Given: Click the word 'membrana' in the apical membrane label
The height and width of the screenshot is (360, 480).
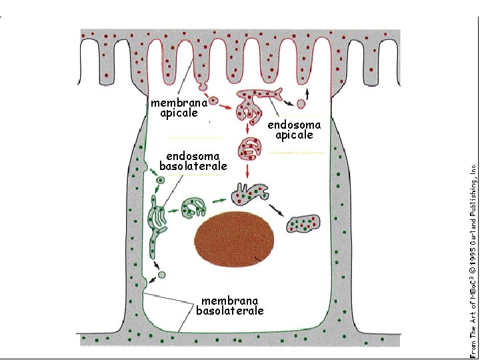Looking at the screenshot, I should [174, 103].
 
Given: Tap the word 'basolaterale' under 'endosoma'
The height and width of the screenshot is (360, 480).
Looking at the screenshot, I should [193, 166].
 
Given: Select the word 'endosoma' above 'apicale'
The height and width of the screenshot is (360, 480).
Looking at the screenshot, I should [294, 125].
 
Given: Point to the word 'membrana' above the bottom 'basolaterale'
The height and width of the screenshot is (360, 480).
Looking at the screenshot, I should [229, 301].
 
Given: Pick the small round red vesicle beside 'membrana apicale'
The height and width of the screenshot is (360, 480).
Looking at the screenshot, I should [214, 102].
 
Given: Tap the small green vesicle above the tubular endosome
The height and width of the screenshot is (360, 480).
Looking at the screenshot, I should [160, 180].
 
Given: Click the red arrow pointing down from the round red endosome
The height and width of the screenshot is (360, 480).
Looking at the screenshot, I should [248, 171].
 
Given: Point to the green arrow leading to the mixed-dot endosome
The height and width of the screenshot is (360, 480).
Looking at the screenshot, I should [219, 199].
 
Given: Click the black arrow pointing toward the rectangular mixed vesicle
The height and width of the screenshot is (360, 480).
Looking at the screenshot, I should [276, 209].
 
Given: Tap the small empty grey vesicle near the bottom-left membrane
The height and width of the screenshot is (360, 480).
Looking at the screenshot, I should [162, 274].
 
